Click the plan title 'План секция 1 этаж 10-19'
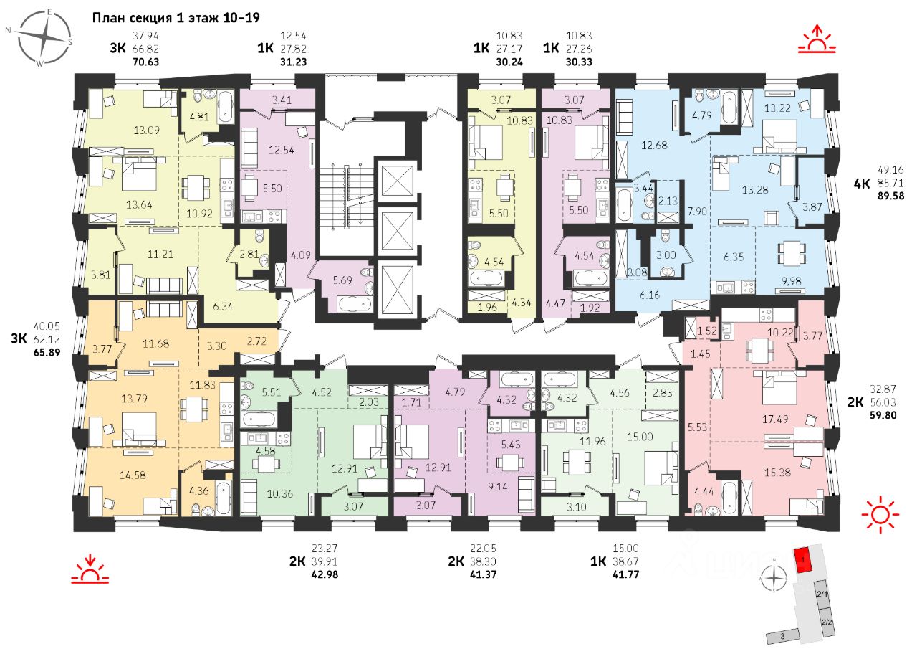(176, 18)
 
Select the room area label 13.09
(146, 131)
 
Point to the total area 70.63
(145, 62)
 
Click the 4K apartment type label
(862, 184)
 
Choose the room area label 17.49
(775, 419)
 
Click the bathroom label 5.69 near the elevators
(342, 280)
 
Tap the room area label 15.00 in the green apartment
(640, 437)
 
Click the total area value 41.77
(625, 574)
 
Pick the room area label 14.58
(133, 475)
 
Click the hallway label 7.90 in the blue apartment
(697, 211)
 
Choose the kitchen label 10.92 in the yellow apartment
(199, 213)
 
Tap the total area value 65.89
(47, 353)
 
